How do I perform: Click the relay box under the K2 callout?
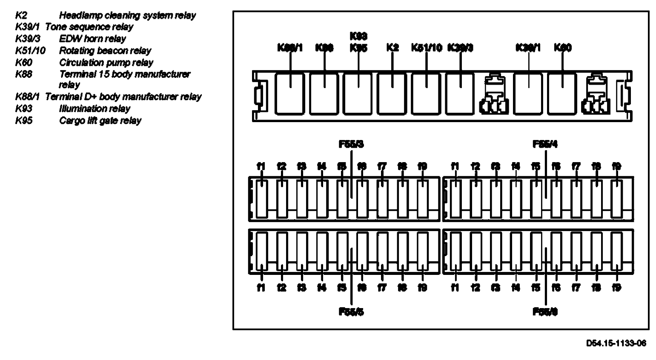pos(392,93)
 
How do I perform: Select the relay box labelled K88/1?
pos(290,93)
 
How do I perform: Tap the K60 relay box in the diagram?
pos(562,93)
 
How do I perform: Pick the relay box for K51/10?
pos(426,93)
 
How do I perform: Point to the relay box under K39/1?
pos(528,93)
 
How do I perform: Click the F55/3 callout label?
pos(351,144)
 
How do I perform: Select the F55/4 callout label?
pos(545,144)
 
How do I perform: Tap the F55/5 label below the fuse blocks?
pos(351,312)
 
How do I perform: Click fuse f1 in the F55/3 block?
pos(262,198)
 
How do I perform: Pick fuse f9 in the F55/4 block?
pos(616,198)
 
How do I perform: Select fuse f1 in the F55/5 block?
pos(262,251)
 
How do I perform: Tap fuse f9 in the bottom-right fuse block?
pos(616,251)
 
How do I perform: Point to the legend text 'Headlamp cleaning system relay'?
pos(127,16)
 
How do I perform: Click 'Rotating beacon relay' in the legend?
pos(105,51)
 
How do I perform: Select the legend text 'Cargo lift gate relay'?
pos(100,120)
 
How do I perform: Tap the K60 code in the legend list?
pos(24,63)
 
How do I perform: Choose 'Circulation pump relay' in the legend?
pos(106,63)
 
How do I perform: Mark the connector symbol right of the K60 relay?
pos(597,95)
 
